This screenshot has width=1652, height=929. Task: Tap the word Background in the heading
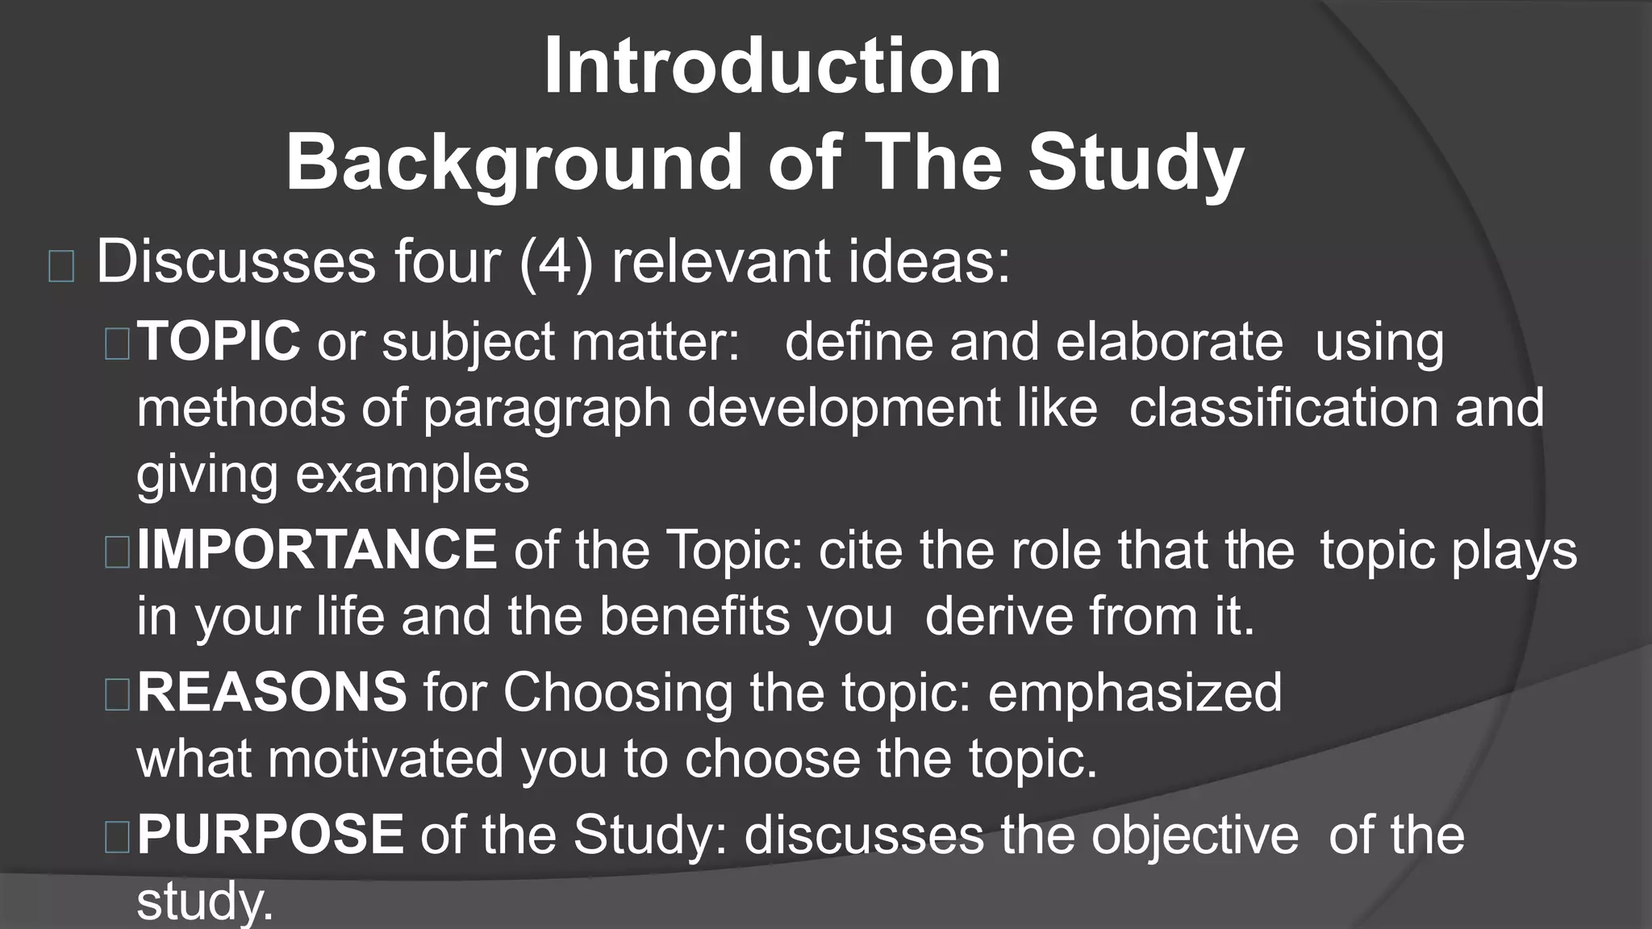[513, 162]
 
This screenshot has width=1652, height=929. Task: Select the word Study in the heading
[1136, 162]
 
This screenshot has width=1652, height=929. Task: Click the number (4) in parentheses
[556, 262]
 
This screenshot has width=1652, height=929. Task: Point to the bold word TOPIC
[219, 341]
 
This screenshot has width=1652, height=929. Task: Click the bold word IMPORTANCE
[317, 550]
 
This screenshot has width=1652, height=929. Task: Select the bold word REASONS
[272, 692]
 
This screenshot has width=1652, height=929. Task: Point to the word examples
[412, 473]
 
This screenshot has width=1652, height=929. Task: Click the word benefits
[695, 617]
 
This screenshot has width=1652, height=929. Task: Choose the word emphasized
[1135, 692]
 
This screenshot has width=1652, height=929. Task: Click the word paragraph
[547, 409]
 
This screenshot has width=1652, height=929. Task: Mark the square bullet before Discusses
[61, 266]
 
